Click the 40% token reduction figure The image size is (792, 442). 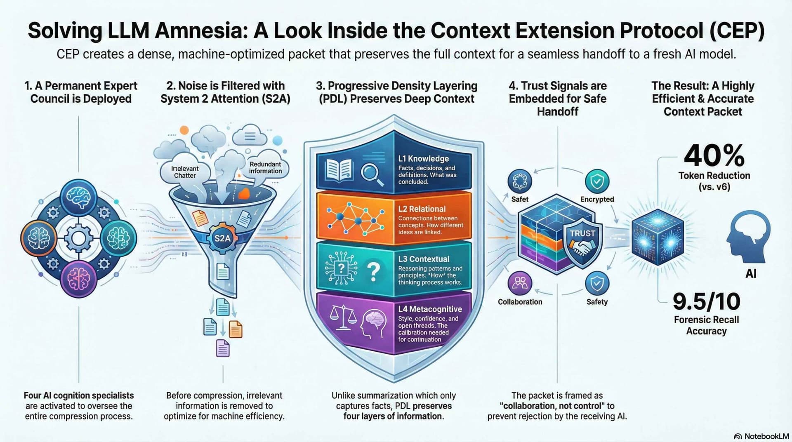click(x=714, y=156)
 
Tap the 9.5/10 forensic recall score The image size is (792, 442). click(x=706, y=301)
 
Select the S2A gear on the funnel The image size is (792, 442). click(x=222, y=238)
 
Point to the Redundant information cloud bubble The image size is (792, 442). click(x=265, y=167)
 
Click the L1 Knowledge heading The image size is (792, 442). click(x=423, y=159)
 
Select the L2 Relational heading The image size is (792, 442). click(x=422, y=209)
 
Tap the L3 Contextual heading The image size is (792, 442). click(x=424, y=259)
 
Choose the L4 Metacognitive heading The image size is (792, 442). click(x=430, y=309)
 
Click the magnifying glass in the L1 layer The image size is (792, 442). click(x=372, y=174)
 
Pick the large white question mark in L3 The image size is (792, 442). click(x=373, y=272)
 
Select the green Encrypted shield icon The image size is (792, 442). click(x=597, y=181)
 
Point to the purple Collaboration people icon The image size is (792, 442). click(x=520, y=283)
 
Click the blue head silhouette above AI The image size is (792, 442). click(x=747, y=237)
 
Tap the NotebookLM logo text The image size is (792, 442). click(x=766, y=436)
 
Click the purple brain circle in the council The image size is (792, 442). click(x=79, y=279)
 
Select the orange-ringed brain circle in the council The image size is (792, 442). click(x=39, y=238)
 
